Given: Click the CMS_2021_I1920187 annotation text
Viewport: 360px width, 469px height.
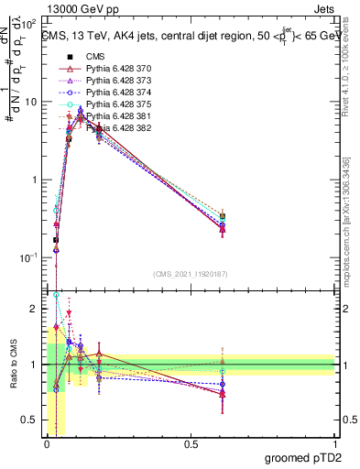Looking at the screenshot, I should click(190, 274).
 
